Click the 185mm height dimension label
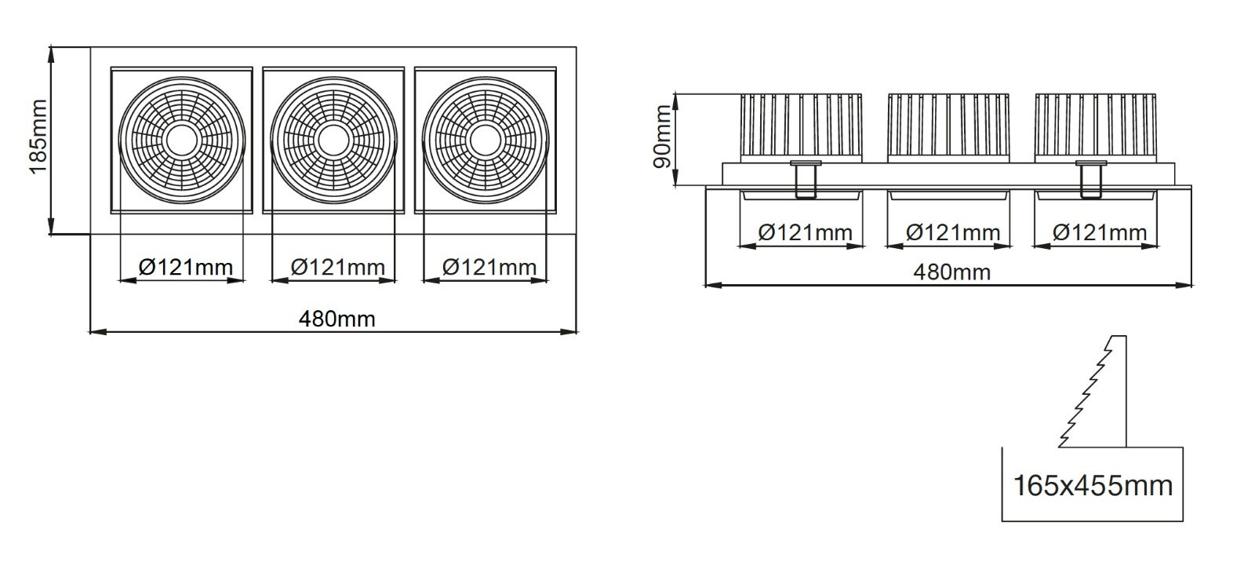[38, 137]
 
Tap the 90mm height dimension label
[663, 137]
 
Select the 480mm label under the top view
[336, 319]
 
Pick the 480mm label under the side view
[952, 272]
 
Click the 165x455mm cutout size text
[1093, 485]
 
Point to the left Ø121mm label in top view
[185, 268]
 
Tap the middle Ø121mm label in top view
[338, 268]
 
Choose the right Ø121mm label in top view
[489, 268]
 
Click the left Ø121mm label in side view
[805, 232]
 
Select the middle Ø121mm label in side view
[953, 232]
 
